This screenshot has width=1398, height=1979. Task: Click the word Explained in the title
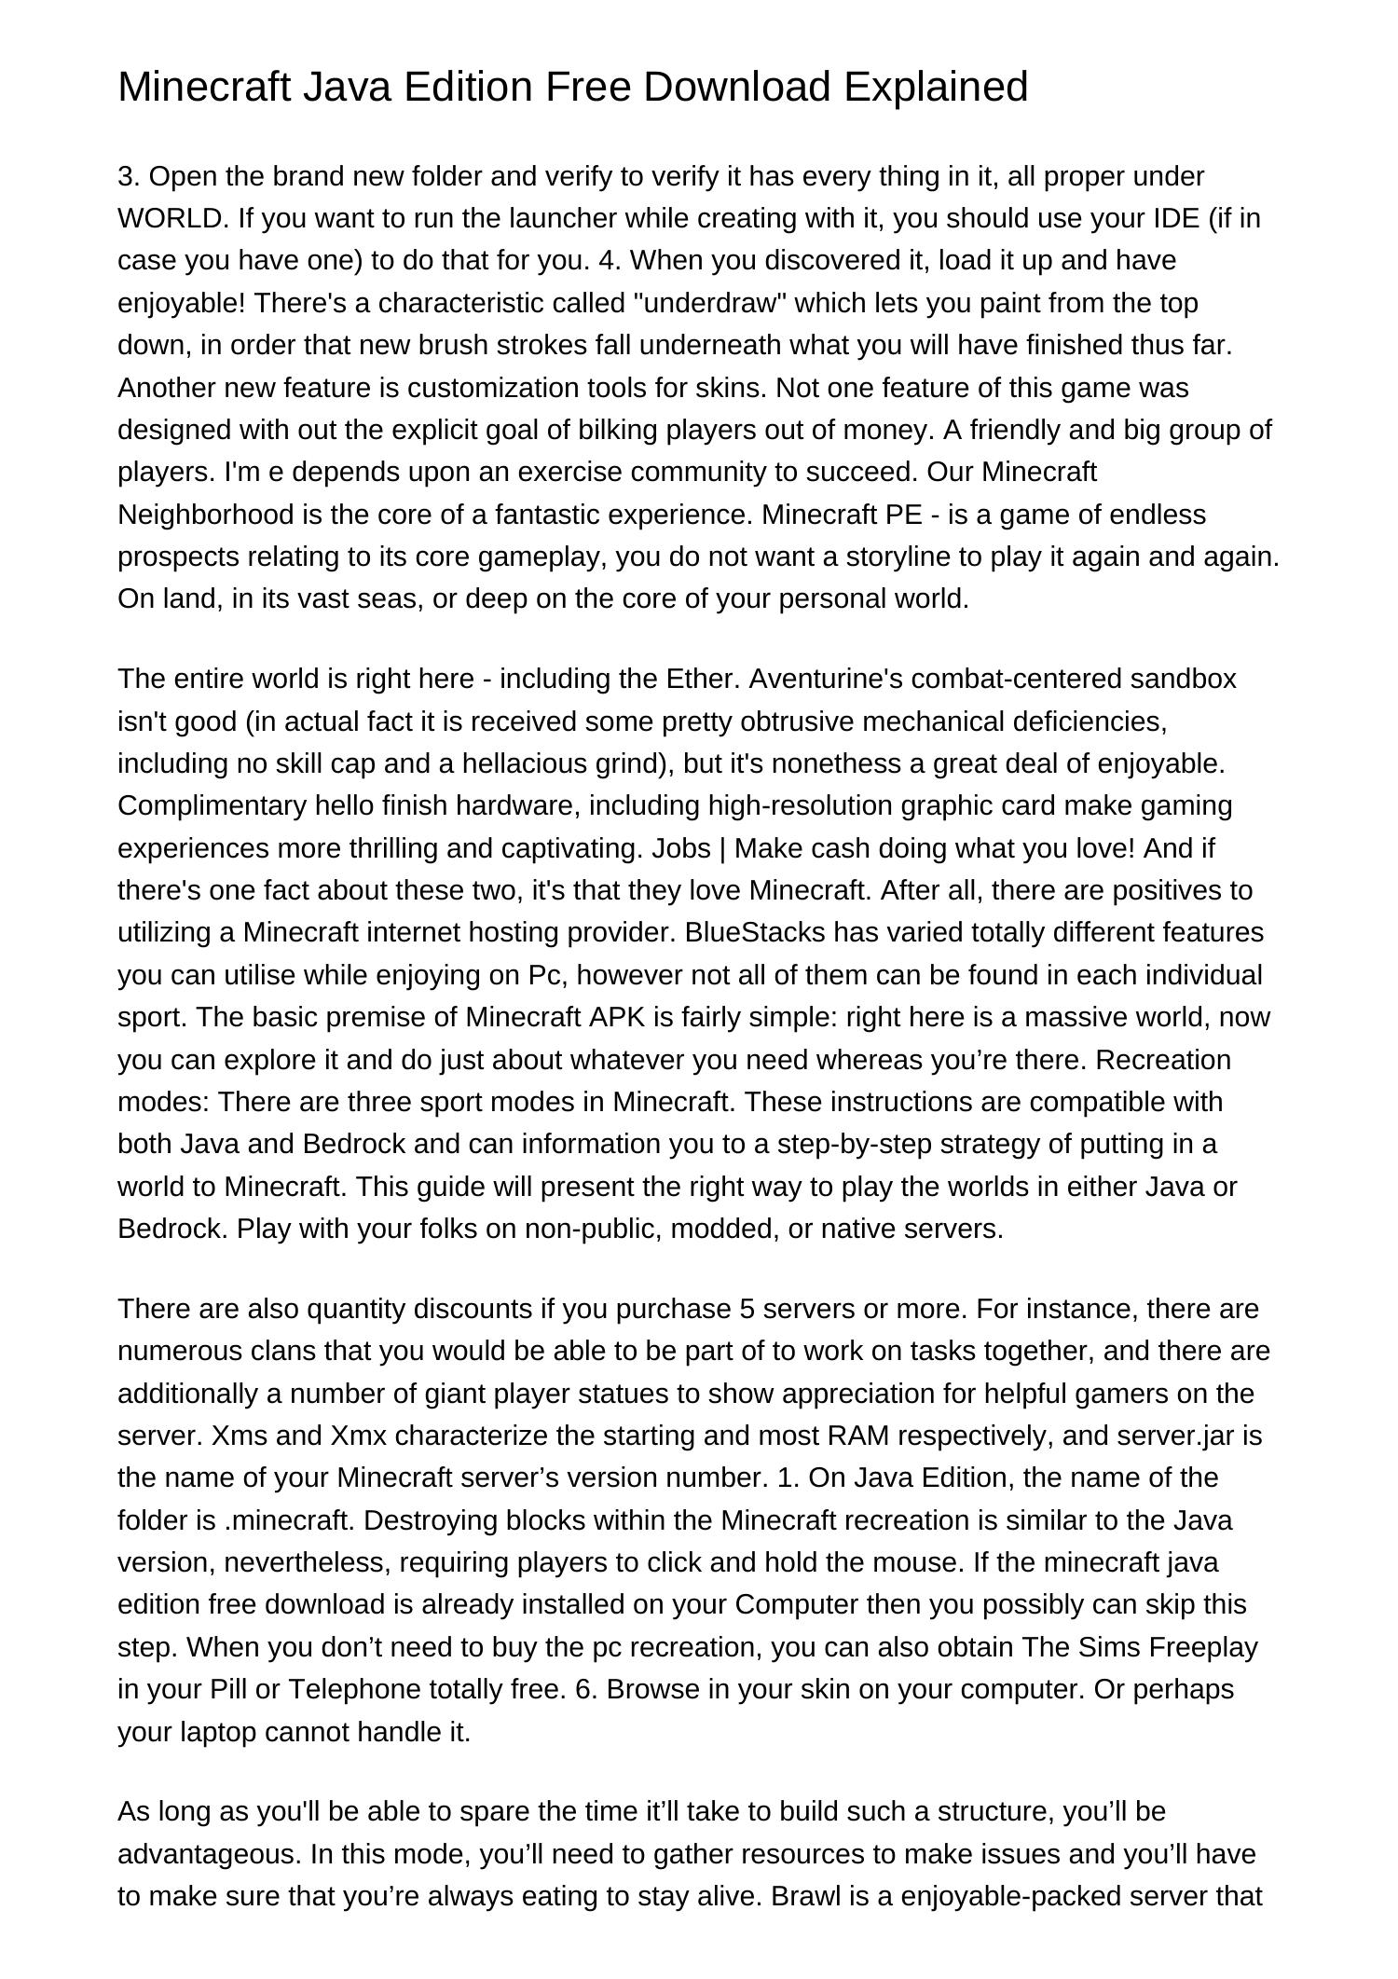[936, 87]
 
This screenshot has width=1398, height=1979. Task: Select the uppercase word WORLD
[171, 218]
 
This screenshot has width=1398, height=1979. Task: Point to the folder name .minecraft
[289, 1520]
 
